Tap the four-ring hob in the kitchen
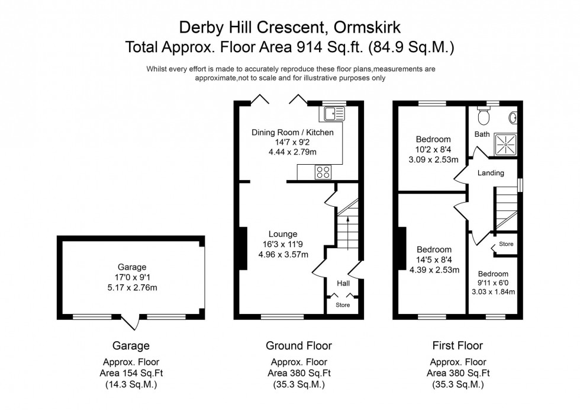point(324,172)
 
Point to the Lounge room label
point(283,234)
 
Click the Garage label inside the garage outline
point(131,267)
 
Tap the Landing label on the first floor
point(491,173)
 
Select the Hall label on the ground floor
point(343,284)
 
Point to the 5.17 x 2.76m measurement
point(131,288)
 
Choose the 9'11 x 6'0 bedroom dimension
point(492,283)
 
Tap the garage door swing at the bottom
point(136,323)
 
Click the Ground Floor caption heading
point(299,345)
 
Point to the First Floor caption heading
point(458,345)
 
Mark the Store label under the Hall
point(343,305)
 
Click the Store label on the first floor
point(506,244)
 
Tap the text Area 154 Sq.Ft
point(131,372)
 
